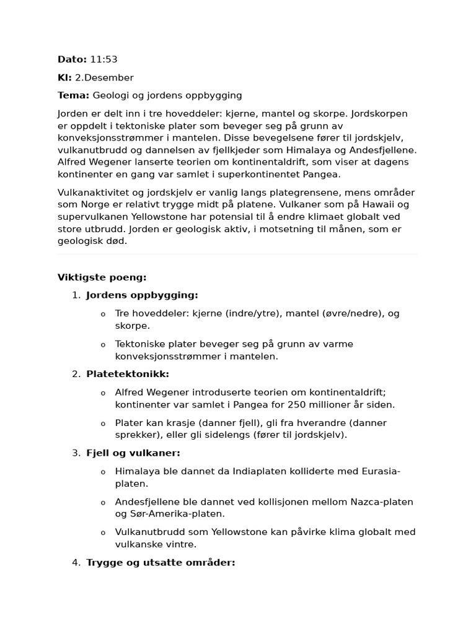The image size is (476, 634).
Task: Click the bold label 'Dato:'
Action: [72, 59]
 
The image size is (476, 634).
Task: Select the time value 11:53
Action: [104, 59]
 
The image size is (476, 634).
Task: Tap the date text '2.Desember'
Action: [104, 77]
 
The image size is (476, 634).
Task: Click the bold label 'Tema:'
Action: [74, 95]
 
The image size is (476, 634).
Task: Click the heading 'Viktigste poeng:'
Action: [102, 277]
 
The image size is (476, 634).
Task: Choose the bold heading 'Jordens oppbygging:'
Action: [142, 295]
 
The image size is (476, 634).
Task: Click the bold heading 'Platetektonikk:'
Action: [128, 374]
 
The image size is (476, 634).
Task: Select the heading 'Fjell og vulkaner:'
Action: [133, 453]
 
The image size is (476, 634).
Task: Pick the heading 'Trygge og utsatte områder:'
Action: [161, 563]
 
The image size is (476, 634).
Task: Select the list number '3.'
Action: [76, 453]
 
